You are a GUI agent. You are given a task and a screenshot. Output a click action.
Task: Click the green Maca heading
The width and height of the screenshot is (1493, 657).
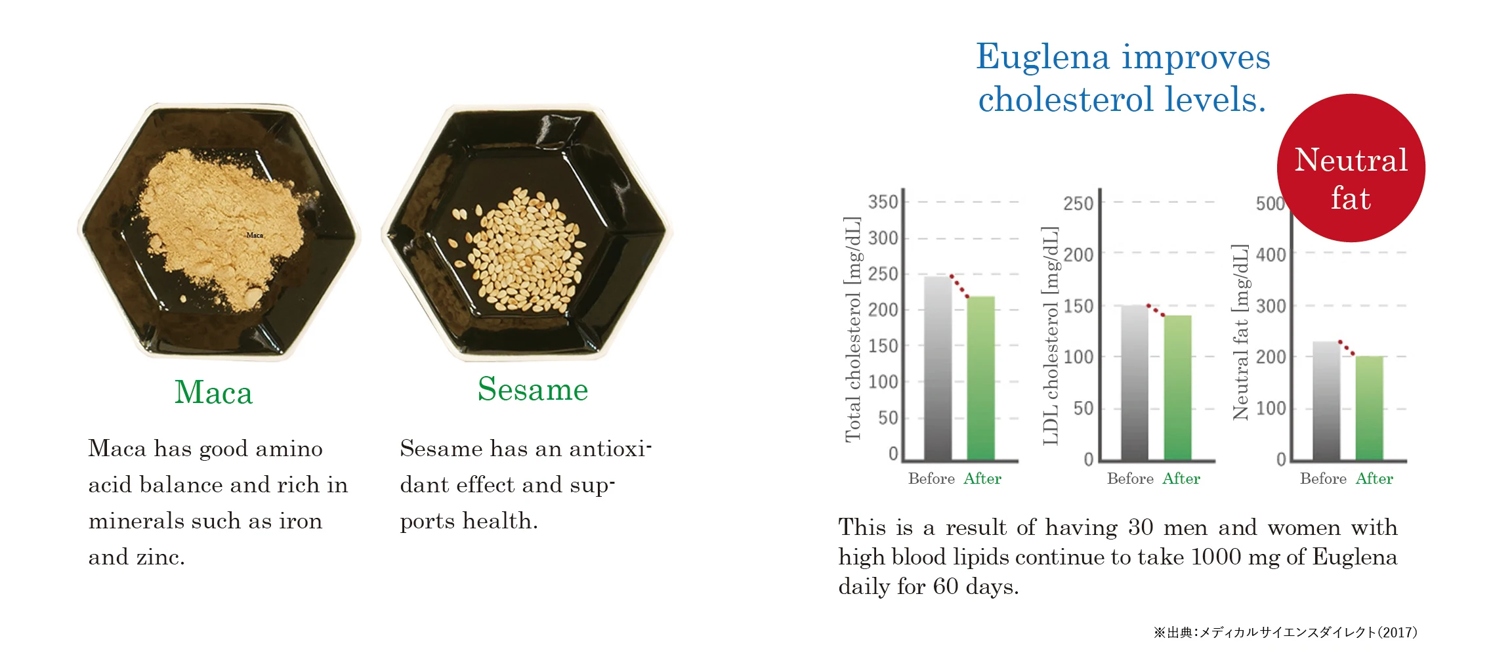click(213, 392)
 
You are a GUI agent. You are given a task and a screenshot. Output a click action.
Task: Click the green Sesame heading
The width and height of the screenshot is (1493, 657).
click(533, 389)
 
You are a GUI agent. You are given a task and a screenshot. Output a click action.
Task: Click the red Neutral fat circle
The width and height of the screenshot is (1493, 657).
click(1351, 168)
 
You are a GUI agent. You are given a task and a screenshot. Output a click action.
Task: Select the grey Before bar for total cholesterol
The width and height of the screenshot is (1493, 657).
click(937, 368)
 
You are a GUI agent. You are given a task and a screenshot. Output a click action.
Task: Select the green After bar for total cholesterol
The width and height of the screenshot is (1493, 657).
click(980, 378)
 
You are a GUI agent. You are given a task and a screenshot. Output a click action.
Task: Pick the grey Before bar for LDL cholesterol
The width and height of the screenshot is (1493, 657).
click(1134, 383)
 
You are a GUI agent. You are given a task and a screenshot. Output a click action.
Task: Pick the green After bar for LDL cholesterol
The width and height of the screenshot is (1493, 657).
click(1177, 388)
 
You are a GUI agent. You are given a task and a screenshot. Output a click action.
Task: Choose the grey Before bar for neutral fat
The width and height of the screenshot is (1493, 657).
click(1326, 400)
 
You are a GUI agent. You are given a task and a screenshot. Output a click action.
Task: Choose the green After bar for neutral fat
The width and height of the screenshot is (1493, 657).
click(1370, 408)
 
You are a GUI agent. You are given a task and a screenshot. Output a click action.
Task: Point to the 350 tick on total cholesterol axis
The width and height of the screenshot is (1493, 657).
click(883, 201)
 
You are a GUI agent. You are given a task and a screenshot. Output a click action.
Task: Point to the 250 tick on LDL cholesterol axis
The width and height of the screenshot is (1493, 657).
click(1078, 203)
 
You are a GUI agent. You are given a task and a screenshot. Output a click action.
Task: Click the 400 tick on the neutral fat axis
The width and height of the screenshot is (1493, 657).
click(1271, 255)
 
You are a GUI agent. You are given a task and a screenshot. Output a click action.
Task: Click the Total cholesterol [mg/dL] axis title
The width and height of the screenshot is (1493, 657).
click(852, 329)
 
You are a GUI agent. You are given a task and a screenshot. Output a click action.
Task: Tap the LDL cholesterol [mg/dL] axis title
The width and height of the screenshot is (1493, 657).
click(1051, 335)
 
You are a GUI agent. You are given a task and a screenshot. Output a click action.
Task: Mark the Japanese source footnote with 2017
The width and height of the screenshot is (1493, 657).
click(1285, 632)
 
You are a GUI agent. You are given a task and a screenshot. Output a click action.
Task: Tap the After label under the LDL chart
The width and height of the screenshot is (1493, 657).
click(1181, 478)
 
